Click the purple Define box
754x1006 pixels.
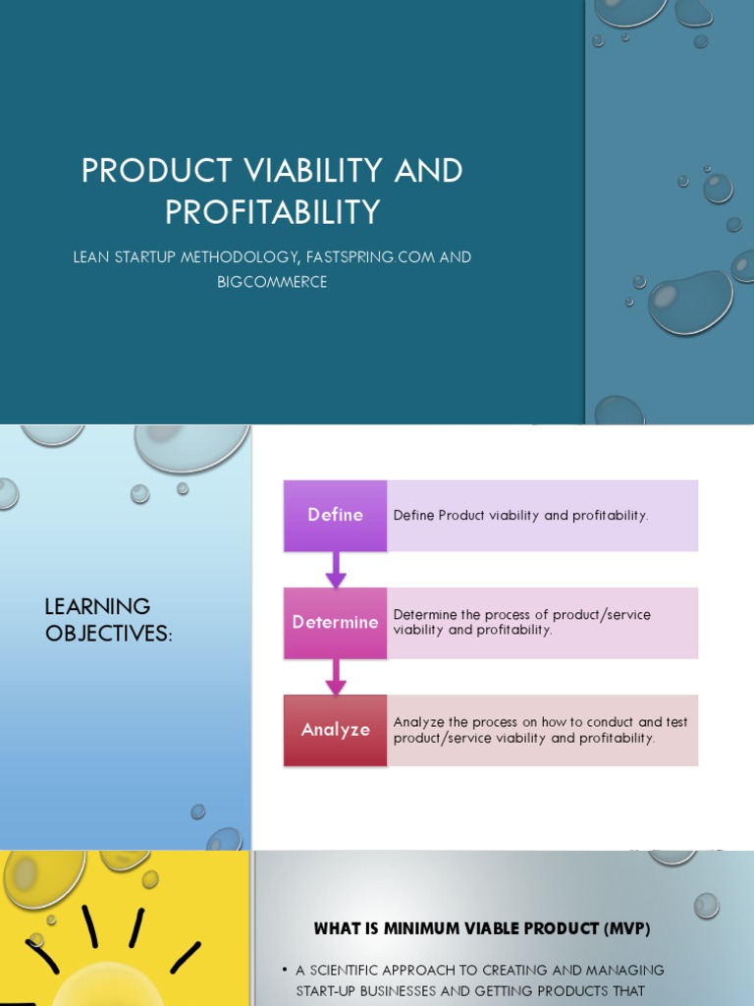(x=335, y=515)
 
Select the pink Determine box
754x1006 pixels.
(x=335, y=623)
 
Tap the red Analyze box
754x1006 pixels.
(x=335, y=730)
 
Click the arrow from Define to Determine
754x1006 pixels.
(x=336, y=570)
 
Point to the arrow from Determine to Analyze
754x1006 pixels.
(x=336, y=677)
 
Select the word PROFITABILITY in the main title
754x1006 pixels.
(x=272, y=211)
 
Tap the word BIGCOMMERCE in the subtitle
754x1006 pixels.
(x=272, y=282)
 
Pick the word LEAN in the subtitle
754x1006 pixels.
(x=92, y=257)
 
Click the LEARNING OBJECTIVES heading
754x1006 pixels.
(x=108, y=620)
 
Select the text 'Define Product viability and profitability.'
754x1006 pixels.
(x=520, y=515)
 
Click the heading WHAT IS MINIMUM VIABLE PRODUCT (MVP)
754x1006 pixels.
(x=482, y=928)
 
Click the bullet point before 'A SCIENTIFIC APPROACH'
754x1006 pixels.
(x=285, y=971)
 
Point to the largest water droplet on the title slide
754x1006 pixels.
(x=690, y=302)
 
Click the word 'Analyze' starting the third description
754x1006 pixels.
(x=419, y=722)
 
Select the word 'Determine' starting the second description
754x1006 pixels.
(x=425, y=615)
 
